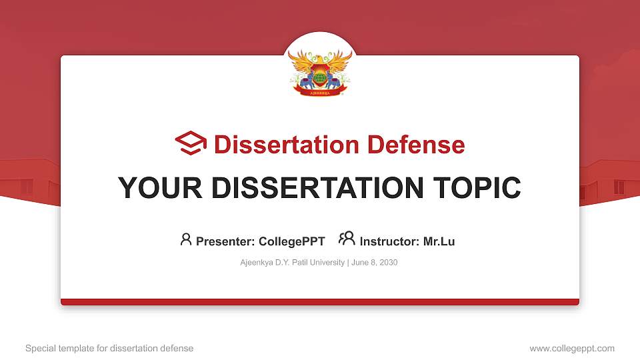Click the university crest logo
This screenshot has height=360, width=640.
tap(320, 71)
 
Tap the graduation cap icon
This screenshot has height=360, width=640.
tap(191, 144)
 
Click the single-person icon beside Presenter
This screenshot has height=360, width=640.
tap(186, 239)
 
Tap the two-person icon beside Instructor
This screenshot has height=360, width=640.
tap(347, 239)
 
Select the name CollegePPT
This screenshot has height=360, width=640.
tap(293, 241)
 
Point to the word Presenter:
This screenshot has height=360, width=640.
tap(225, 241)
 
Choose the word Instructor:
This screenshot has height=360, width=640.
tap(389, 241)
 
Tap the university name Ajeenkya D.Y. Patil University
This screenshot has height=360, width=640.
tap(291, 263)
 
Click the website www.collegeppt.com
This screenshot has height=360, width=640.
tap(571, 348)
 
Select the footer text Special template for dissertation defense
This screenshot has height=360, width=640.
tap(109, 348)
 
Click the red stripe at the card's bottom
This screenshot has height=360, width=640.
tap(320, 302)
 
